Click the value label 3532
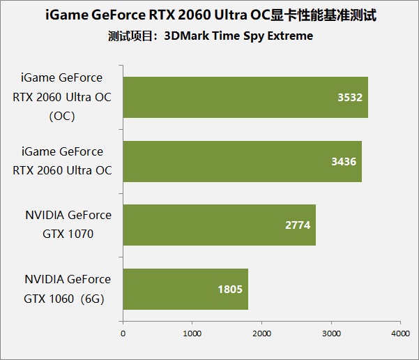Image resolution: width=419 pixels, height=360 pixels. (x=349, y=98)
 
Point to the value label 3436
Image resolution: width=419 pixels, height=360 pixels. (x=344, y=161)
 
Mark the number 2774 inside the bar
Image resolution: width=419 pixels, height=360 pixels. (x=298, y=225)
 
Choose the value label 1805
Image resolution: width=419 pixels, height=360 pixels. (x=231, y=290)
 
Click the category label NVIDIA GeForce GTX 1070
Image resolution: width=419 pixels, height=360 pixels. (x=67, y=225)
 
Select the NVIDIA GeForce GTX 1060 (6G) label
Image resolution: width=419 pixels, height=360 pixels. (x=67, y=289)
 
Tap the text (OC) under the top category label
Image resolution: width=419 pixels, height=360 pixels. (x=62, y=117)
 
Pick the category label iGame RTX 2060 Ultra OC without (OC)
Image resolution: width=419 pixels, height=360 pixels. (x=62, y=161)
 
